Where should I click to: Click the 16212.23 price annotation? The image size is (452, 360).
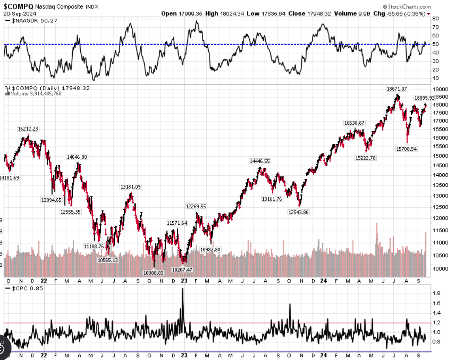click(28, 128)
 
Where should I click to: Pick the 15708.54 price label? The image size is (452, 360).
click(406, 149)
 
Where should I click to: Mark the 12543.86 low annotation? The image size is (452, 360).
click(298, 212)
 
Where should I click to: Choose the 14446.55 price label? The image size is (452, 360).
click(259, 161)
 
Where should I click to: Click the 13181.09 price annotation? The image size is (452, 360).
click(131, 186)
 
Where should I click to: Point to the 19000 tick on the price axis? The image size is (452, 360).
click(439, 90)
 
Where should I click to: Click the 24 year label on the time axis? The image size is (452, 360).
click(324, 281)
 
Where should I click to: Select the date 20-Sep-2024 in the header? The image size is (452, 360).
click(19, 13)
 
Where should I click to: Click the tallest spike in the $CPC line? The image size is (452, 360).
click(182, 289)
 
